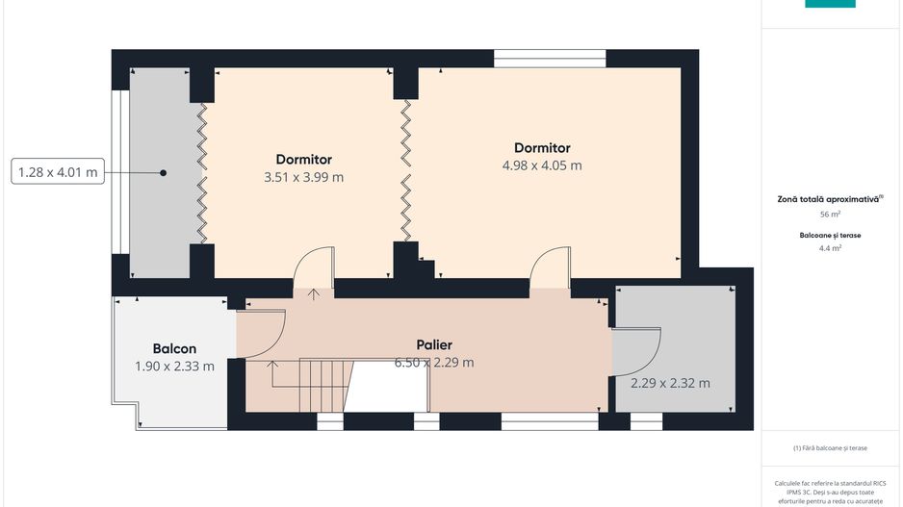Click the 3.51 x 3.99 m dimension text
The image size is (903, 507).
tap(303, 177)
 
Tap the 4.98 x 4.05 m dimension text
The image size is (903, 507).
tap(542, 165)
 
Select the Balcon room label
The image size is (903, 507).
tap(174, 348)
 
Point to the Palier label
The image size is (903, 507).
tap(434, 344)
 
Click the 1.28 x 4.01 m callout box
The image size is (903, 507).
tap(58, 171)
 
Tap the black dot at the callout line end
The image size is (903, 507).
tap(163, 172)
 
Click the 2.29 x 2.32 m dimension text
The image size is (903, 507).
tap(670, 383)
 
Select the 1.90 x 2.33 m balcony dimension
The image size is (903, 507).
tap(174, 366)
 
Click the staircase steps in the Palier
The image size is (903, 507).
tap(324, 386)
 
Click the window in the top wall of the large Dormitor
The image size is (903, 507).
tap(550, 59)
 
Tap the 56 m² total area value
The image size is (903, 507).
tap(830, 215)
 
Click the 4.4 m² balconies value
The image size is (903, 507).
tap(830, 248)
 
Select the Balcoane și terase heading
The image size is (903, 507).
tap(830, 236)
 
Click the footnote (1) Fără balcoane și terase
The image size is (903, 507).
tap(830, 447)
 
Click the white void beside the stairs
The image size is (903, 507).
tap(387, 386)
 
